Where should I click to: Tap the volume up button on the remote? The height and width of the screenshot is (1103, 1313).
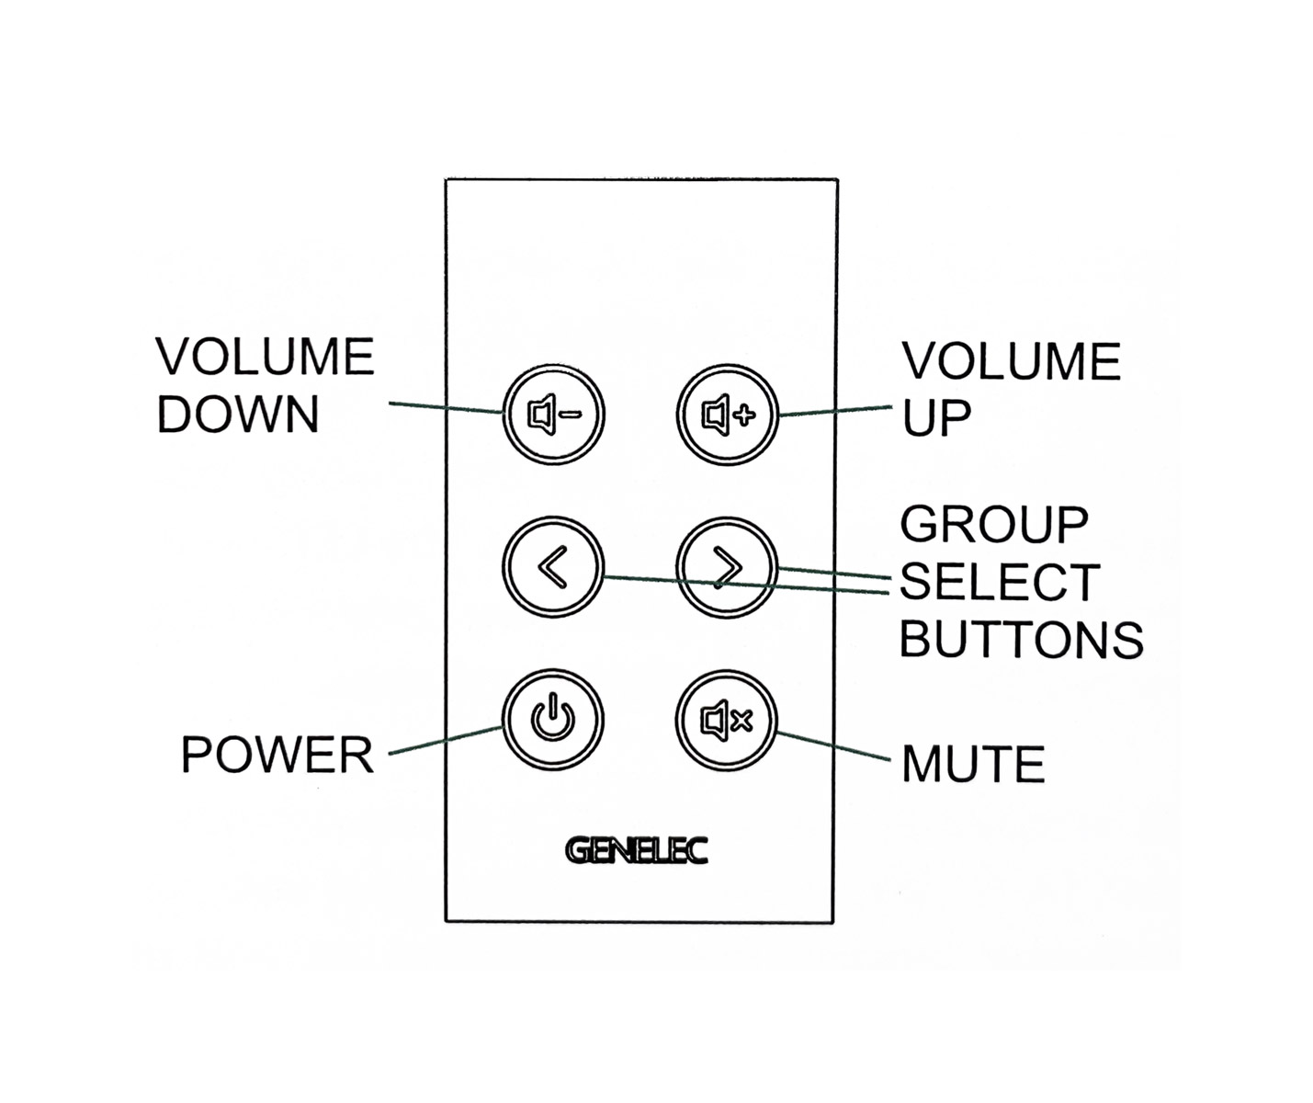(728, 415)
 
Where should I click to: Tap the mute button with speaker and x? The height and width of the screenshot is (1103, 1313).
(727, 720)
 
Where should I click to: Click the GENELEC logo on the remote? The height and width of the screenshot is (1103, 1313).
(637, 850)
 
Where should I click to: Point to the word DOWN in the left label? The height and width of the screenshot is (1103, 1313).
(238, 415)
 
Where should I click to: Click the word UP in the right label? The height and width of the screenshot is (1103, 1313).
(935, 419)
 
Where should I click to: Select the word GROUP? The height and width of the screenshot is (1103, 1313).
(994, 525)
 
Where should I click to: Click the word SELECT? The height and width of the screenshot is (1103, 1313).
(1000, 582)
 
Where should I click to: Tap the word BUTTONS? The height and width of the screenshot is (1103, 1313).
(1021, 640)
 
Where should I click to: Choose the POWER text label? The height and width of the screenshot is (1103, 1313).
(277, 756)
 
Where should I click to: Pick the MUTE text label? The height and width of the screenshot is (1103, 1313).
(973, 765)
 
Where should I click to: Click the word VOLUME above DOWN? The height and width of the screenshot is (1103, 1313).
(265, 357)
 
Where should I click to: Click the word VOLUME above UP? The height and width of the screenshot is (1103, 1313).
(1011, 361)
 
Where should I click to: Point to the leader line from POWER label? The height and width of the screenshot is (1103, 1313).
(446, 740)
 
